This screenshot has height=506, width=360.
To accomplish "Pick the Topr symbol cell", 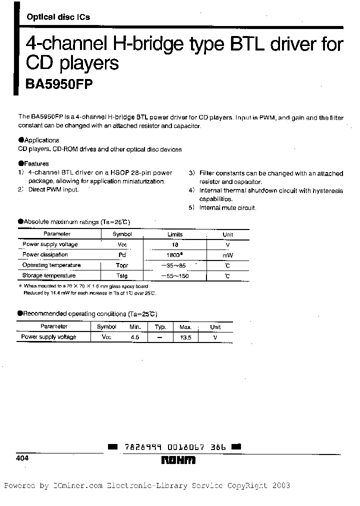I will [121, 265].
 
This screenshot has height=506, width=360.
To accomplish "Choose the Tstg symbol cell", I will [121, 276].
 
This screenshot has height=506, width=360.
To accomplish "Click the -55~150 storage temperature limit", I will [174, 276].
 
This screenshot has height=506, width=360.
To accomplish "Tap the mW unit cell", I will [227, 255].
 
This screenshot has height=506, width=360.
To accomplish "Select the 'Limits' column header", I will [174, 234].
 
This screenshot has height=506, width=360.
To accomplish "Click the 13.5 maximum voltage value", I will [185, 337].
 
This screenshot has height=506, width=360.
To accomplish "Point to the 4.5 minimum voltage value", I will [134, 337].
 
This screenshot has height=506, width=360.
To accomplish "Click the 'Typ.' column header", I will [160, 327].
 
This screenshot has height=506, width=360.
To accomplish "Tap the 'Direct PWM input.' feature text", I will [53, 190].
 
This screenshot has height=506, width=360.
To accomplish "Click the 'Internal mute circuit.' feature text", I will [227, 207].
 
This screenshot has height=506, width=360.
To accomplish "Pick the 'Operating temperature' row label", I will [51, 265].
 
